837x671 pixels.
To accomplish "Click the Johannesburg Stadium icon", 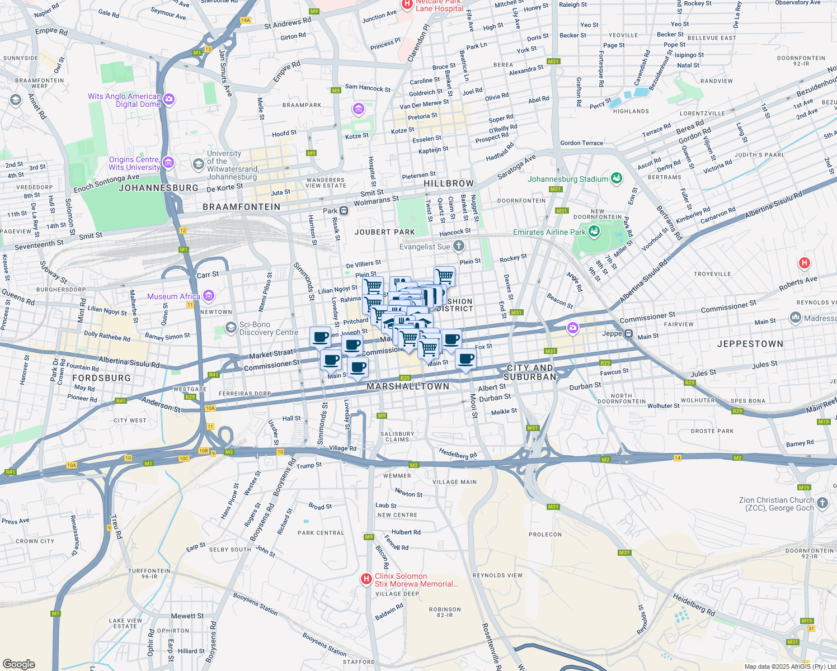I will click(617, 179).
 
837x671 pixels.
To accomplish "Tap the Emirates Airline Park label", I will click(549, 232).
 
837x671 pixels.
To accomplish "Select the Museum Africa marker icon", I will click(209, 296).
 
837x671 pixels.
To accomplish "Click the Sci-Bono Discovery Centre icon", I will click(231, 328).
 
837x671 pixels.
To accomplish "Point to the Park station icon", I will click(344, 211).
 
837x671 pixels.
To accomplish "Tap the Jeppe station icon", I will click(628, 334).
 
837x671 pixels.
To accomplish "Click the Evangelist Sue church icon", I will click(459, 246).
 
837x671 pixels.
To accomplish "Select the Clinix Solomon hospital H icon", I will click(366, 579).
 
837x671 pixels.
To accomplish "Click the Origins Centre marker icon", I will click(168, 163).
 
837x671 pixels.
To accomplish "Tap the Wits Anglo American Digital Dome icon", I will click(169, 100).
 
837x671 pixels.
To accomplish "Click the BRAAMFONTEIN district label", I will click(241, 207).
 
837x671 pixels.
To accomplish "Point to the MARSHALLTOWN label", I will click(408, 386).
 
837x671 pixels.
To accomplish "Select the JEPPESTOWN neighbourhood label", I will click(750, 344).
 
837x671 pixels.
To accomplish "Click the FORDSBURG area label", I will click(101, 378).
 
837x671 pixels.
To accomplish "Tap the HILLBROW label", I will click(448, 183).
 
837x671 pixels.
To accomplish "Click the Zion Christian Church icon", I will click(822, 503).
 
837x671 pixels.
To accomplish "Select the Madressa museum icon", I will click(795, 318).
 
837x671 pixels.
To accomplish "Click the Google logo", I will click(19, 664).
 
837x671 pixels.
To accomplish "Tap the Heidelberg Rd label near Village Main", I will click(458, 453).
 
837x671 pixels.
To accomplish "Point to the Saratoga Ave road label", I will click(516, 167).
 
